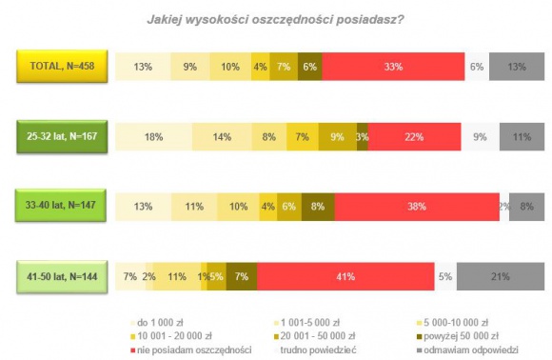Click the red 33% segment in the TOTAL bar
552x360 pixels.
coord(393,67)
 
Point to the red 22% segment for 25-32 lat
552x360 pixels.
coord(414,137)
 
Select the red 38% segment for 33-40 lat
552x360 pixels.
coord(416,207)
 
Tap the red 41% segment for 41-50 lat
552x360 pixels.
coord(345,276)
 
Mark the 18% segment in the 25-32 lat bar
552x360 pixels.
coord(152,137)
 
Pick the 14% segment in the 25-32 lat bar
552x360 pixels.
coord(222,137)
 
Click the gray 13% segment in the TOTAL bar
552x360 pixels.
coord(515,67)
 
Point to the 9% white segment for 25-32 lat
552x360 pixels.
coord(481,137)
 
